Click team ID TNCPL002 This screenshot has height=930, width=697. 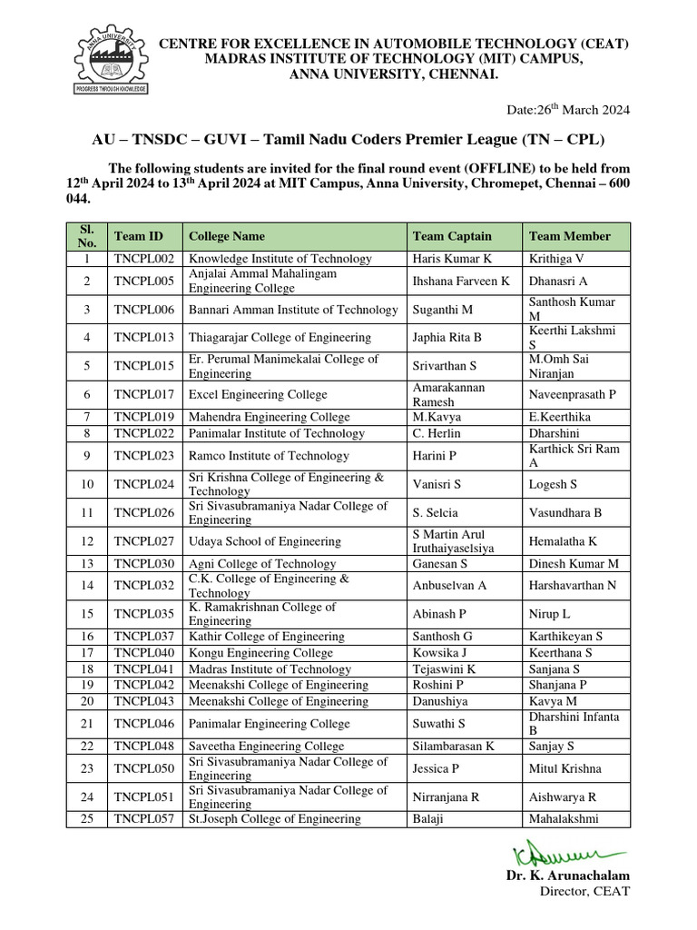pos(144,259)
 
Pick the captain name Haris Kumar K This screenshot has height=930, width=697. pos(451,259)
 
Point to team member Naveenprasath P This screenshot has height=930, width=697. pos(572,395)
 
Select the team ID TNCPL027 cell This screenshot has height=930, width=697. pos(144,541)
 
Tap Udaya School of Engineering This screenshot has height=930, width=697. pos(264,541)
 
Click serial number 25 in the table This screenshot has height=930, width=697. pos(87,819)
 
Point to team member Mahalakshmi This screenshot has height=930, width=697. pos(564,819)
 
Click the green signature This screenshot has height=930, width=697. pos(567,855)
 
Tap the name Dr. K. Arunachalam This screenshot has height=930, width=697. pos(568,876)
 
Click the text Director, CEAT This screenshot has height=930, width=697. pos(584,891)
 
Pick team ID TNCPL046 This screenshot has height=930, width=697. pos(144,724)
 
